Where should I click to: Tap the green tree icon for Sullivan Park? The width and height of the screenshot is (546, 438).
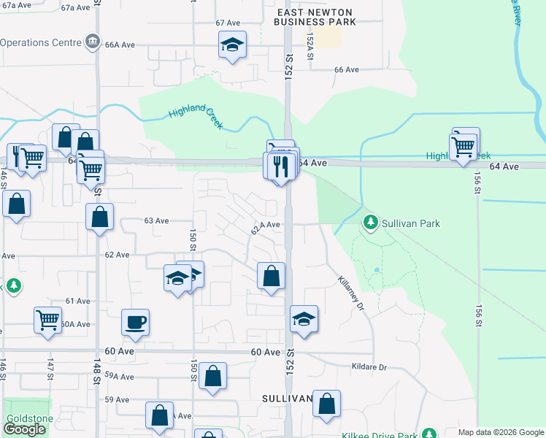371,223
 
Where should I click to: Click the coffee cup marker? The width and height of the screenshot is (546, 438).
136,322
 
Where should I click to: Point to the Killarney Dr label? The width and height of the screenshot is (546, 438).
350,293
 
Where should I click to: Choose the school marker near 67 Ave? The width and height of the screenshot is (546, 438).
232,45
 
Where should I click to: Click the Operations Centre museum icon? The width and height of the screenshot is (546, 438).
93,42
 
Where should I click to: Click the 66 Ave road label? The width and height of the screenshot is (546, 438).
347,70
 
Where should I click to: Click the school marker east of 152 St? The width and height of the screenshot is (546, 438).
304,319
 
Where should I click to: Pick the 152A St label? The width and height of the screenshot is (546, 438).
310,42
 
